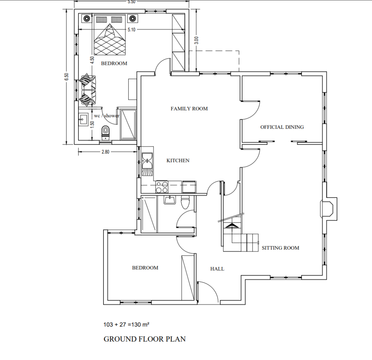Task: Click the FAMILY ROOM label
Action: tap(189, 109)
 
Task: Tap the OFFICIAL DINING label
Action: tap(282, 127)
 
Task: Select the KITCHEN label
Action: tap(178, 160)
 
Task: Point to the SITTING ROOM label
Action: tap(280, 248)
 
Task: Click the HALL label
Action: tap(217, 269)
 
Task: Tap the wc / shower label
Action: tap(107, 116)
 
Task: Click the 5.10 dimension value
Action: tap(132, 30)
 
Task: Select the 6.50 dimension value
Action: tap(67, 77)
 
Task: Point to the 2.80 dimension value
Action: tap(105, 152)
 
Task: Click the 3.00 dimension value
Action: tap(196, 40)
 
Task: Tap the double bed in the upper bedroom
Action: tap(110, 35)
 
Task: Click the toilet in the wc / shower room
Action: tap(105, 132)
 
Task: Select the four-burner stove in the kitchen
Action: tap(162, 187)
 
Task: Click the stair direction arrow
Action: tap(232, 226)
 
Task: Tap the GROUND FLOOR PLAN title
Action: tap(145, 339)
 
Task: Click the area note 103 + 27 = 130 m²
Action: tap(126, 324)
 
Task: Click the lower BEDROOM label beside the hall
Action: tap(145, 268)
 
